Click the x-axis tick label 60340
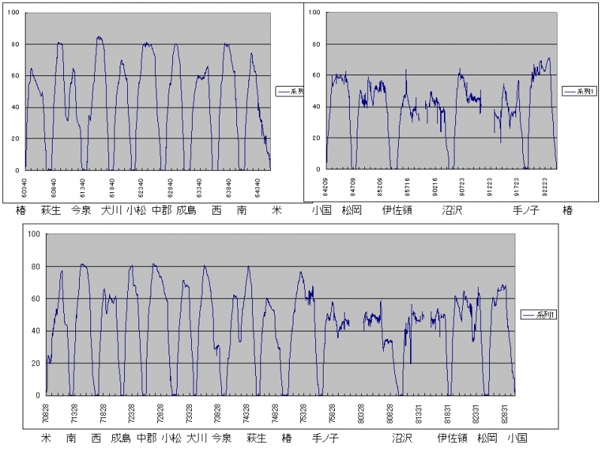click(25, 185)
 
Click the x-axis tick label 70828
click(46, 413)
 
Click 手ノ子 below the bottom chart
click(325, 438)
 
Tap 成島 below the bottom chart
click(120, 438)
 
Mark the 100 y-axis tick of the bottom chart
click(32, 234)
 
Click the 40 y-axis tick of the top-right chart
click(316, 107)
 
